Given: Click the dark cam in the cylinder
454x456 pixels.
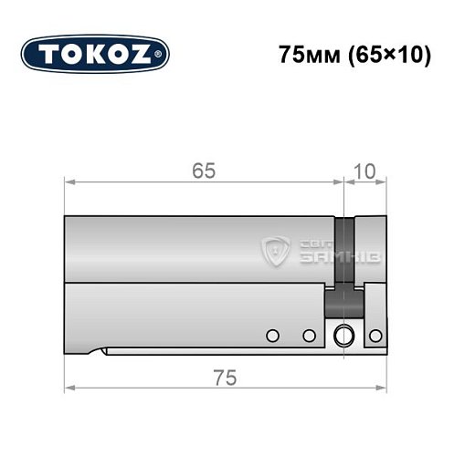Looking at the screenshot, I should click(x=343, y=264).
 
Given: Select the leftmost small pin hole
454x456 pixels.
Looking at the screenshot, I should click(x=271, y=336).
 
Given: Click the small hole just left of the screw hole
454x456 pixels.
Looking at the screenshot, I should click(x=309, y=336).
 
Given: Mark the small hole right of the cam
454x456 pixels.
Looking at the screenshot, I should click(x=373, y=336).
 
